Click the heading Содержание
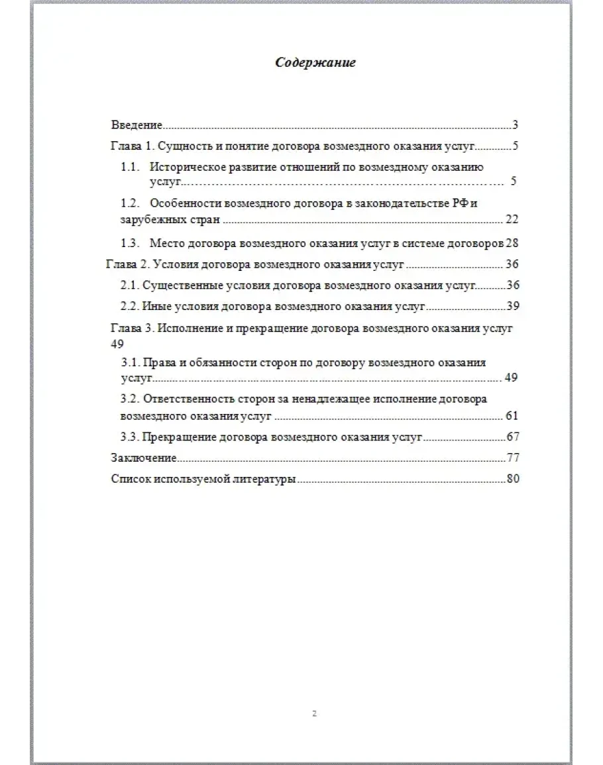315,63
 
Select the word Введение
136,125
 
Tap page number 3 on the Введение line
514,125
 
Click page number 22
511,219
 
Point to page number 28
511,243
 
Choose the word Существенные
176,285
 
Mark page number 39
511,306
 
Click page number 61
511,416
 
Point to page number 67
511,436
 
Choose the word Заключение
143,458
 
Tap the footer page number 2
314,713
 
